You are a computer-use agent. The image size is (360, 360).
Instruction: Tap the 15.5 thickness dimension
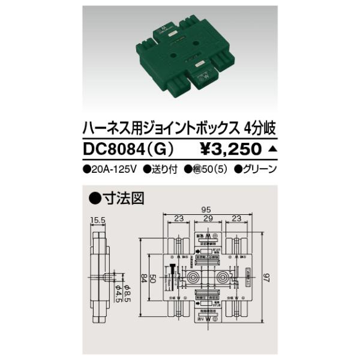point(100,220)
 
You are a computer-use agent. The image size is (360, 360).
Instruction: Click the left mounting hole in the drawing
point(194,278)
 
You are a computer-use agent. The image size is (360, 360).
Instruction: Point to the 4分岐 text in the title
point(260,128)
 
